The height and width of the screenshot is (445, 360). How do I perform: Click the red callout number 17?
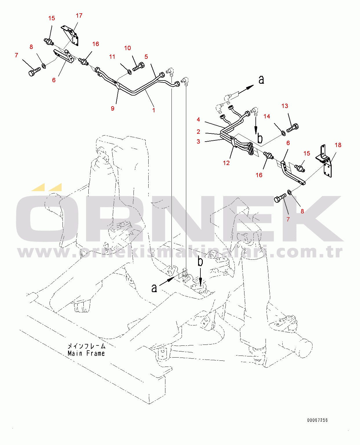79,16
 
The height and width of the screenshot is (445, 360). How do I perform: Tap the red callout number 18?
338,145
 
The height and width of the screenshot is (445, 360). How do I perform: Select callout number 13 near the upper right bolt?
285,106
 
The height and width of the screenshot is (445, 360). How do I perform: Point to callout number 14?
267,116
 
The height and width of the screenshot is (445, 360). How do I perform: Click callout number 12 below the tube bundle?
226,163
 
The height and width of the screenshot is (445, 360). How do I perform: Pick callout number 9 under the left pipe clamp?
113,108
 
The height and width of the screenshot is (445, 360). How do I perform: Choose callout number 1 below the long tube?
154,110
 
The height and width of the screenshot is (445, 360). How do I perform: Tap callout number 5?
146,57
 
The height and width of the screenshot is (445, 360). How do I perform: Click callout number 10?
127,48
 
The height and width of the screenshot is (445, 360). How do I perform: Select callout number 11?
112,57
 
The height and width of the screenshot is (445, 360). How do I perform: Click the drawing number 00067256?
317,420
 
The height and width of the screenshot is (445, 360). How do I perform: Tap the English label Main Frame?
86,354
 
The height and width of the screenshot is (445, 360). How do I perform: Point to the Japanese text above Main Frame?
86,346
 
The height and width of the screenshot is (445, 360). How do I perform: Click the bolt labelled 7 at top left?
34,72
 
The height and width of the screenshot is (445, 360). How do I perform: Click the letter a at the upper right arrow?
261,80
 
